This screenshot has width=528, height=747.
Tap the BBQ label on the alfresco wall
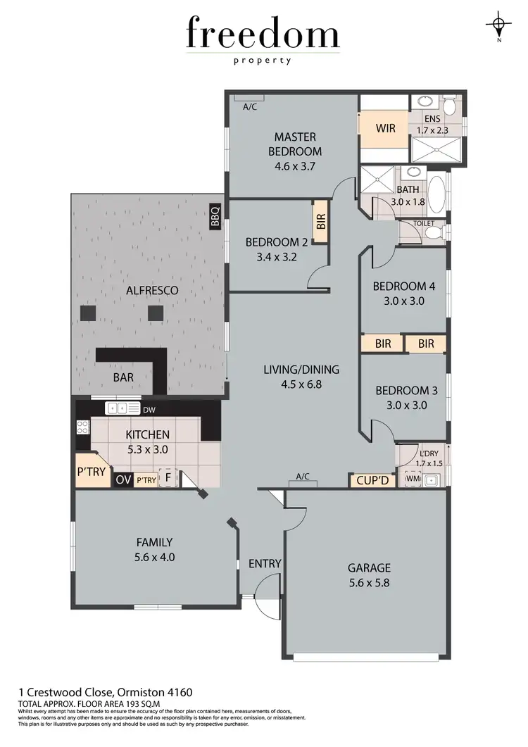215,215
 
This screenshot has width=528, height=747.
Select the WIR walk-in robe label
385,128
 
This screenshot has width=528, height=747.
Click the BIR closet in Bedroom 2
321,223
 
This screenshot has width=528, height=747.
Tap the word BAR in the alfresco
123,377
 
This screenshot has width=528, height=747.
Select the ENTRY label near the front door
265,563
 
